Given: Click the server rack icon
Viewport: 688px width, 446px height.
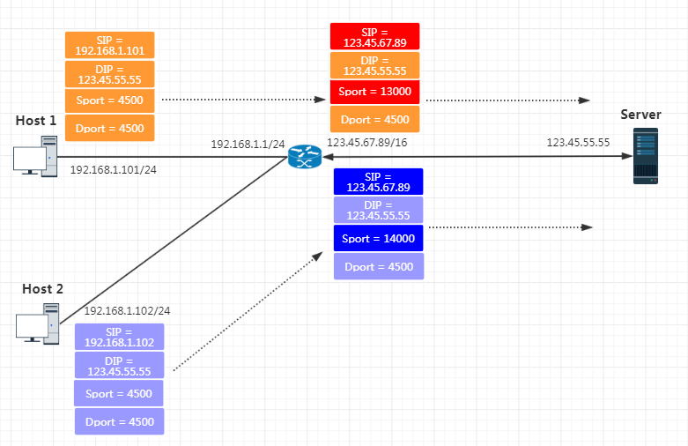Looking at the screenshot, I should click(x=646, y=156).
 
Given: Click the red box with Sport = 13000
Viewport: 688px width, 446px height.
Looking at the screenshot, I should click(x=374, y=92).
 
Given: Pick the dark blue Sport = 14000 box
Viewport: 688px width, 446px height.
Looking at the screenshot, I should click(x=379, y=238).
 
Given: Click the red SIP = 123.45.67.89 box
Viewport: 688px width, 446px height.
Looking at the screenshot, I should click(x=374, y=36).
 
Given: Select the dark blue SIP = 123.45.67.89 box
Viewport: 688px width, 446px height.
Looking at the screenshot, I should click(x=379, y=182).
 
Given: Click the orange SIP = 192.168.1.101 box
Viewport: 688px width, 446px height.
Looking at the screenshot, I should click(x=110, y=45).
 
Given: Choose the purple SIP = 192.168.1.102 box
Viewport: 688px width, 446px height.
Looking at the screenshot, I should click(x=119, y=337).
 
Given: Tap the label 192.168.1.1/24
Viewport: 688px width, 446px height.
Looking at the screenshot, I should click(x=248, y=144).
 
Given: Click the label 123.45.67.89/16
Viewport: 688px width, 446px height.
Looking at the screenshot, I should click(x=367, y=142).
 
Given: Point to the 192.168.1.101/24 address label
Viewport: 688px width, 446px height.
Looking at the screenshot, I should click(x=114, y=168).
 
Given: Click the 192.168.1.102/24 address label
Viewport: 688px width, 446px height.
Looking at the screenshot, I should click(x=127, y=310).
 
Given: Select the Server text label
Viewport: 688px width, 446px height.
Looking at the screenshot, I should click(x=640, y=115).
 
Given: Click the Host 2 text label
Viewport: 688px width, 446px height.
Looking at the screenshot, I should click(x=43, y=288).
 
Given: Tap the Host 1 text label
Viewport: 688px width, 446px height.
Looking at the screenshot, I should click(x=36, y=120).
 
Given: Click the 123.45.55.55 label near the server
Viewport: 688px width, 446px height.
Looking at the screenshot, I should click(x=578, y=142).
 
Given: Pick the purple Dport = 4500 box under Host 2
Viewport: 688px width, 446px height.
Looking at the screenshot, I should click(x=119, y=421).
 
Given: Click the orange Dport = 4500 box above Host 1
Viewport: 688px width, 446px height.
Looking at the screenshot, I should click(x=110, y=128).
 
